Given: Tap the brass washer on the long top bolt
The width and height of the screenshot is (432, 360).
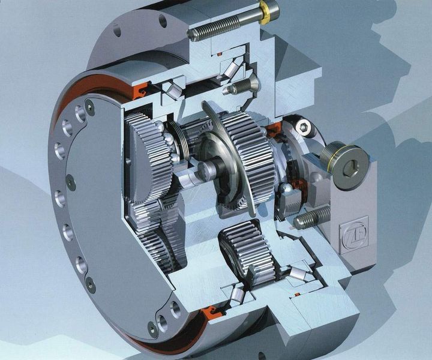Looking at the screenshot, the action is (x=266, y=13).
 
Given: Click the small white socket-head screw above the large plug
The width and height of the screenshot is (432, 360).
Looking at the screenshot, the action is (x=304, y=127).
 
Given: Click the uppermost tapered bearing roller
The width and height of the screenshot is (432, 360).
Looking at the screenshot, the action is (x=232, y=70).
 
